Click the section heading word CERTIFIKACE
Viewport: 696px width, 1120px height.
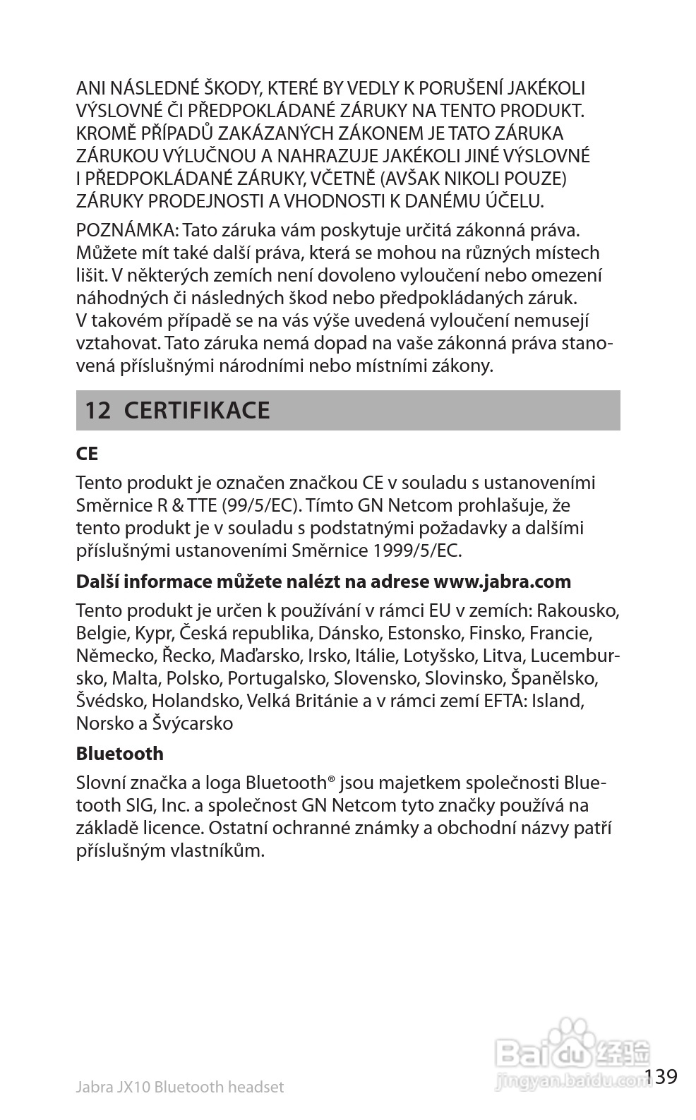click(x=197, y=411)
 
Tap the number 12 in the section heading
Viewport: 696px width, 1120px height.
click(x=98, y=411)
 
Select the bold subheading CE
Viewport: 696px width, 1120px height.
click(x=87, y=454)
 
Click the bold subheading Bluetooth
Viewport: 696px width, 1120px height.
click(x=119, y=754)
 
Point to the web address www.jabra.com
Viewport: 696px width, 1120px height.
click(x=502, y=582)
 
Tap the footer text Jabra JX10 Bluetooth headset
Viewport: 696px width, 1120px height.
click(x=179, y=1087)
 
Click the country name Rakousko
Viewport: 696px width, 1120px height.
click(x=583, y=610)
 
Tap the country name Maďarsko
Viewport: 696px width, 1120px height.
click(x=260, y=656)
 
